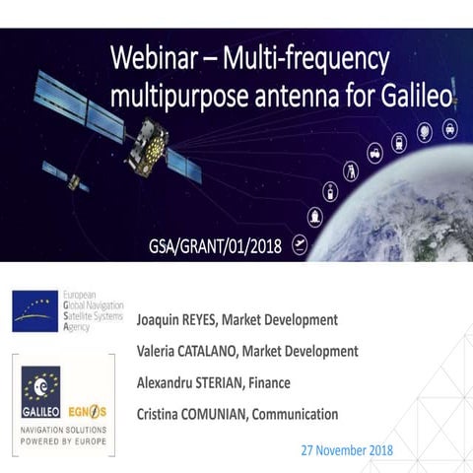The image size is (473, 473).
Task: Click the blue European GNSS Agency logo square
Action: tap(34, 310)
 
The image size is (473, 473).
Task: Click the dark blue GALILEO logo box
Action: tap(40, 390)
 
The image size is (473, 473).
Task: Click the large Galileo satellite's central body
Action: tap(149, 146)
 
